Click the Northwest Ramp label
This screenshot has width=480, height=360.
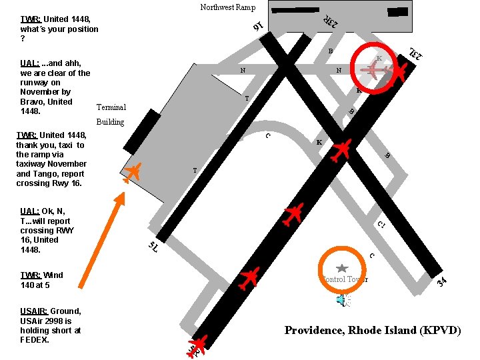click(x=228, y=7)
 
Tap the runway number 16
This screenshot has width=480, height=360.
click(x=257, y=26)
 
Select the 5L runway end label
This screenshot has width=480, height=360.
click(x=153, y=247)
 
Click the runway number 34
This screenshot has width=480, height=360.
click(x=441, y=283)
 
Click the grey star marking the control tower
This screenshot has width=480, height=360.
click(x=342, y=267)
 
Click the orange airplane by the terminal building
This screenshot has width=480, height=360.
click(x=132, y=171)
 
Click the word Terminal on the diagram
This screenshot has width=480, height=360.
click(x=111, y=107)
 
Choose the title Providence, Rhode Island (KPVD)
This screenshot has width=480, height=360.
click(x=373, y=330)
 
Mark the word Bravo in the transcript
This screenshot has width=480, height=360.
click(x=33, y=102)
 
